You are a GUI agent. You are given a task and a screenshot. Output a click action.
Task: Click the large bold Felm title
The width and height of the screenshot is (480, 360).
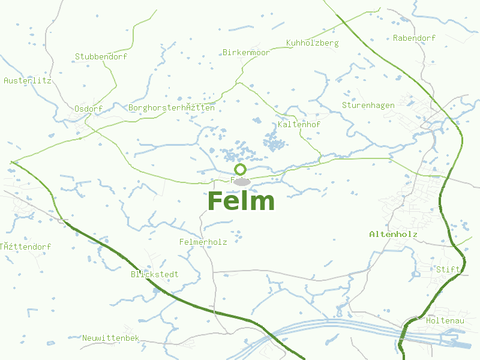[x=241, y=201]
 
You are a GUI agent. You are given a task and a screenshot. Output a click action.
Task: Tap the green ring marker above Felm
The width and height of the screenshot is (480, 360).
[x=241, y=169]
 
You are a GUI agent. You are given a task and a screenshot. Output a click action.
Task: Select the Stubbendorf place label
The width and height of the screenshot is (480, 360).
[x=101, y=57]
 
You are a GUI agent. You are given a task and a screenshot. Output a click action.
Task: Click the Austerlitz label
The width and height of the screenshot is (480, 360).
[x=28, y=80]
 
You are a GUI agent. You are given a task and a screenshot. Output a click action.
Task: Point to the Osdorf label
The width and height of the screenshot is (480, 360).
[x=88, y=109]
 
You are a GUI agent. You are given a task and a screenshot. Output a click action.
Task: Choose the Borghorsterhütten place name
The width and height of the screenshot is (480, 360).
[x=171, y=108]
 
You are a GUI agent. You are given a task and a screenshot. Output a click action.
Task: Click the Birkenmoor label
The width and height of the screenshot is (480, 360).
[x=246, y=53]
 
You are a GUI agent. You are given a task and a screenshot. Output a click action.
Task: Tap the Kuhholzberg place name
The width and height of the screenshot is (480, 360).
[x=313, y=43]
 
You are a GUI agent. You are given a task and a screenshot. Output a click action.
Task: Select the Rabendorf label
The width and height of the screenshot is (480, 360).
[x=414, y=38]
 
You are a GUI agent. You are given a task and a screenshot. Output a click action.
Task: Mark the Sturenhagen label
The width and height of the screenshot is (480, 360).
[x=368, y=106]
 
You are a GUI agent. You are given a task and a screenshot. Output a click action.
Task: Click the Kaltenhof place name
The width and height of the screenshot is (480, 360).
[x=299, y=125]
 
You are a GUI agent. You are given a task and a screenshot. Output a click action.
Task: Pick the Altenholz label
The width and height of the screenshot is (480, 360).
[x=393, y=233]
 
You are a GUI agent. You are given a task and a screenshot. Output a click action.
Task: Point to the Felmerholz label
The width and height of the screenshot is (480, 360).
[x=203, y=242]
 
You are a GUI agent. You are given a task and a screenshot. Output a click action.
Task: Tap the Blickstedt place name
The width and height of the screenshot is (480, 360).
[x=154, y=275]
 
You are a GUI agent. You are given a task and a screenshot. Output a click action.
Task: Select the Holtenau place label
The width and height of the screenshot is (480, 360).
[x=445, y=321]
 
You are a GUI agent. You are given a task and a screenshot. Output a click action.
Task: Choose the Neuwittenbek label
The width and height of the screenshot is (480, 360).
[x=111, y=338]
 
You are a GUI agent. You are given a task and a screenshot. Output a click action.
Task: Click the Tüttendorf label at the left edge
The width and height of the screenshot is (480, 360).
[x=26, y=247]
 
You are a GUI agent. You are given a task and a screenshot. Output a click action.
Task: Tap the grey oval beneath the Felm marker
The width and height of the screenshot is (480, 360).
[x=241, y=181]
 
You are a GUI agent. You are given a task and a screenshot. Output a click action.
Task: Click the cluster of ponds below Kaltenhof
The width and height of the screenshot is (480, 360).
[x=275, y=143]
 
